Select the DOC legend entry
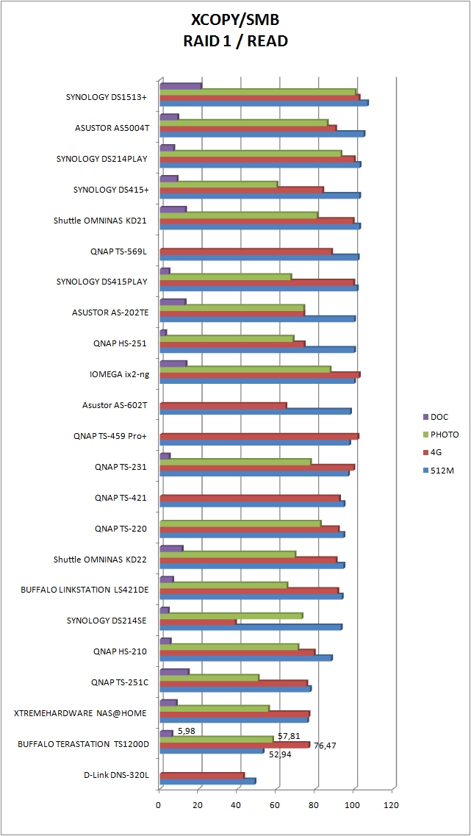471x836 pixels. tap(439, 417)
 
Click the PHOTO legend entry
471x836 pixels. tap(443, 435)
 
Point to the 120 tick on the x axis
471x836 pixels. tap(391, 805)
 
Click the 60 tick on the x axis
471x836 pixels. tap(275, 805)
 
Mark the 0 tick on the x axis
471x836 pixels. tap(159, 805)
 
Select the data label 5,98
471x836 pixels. tap(186, 730)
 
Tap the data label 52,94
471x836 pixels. tap(278, 754)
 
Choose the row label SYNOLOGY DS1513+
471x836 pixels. tap(106, 97)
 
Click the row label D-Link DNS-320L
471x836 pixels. tap(118, 775)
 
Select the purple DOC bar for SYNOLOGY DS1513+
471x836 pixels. tap(181, 86)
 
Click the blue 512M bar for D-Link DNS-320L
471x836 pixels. tap(208, 781)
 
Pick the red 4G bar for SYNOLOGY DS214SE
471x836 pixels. tap(198, 621)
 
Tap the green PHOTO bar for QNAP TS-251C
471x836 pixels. tap(209, 677)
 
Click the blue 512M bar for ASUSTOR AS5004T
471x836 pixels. tap(262, 133)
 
